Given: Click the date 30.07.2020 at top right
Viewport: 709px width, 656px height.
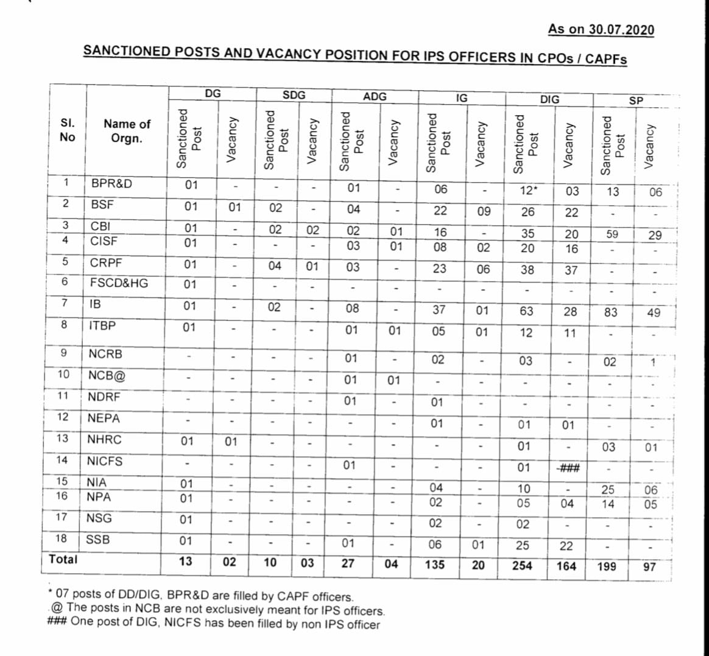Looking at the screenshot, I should [619, 29].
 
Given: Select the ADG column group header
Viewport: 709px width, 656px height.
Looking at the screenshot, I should [375, 96].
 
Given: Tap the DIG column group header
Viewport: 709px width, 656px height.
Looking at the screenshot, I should [549, 99].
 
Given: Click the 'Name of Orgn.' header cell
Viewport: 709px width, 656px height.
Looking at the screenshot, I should [127, 131].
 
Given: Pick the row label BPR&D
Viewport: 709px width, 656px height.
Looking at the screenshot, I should [111, 183].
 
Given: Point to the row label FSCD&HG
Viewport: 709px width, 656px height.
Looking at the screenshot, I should [119, 283].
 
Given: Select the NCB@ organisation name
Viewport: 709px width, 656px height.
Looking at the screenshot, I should [107, 375].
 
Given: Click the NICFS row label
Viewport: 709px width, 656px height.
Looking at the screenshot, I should [105, 461].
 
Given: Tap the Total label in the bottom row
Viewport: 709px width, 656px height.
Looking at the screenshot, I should [63, 559].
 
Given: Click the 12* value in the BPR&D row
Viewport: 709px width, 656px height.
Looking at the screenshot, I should [528, 190].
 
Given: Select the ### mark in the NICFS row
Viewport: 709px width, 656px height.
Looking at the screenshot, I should [568, 468].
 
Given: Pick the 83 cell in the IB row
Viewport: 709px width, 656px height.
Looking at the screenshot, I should [610, 312].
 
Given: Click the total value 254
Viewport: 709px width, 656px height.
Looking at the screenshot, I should [522, 565].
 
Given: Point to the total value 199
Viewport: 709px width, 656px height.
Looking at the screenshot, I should [607, 566].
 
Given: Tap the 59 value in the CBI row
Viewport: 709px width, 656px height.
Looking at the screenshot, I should [612, 234].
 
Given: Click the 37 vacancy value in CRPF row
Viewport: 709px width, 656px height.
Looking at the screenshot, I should [571, 270].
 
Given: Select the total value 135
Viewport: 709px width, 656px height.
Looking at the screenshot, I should [435, 564].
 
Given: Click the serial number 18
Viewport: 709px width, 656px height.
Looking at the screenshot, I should [62, 538].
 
